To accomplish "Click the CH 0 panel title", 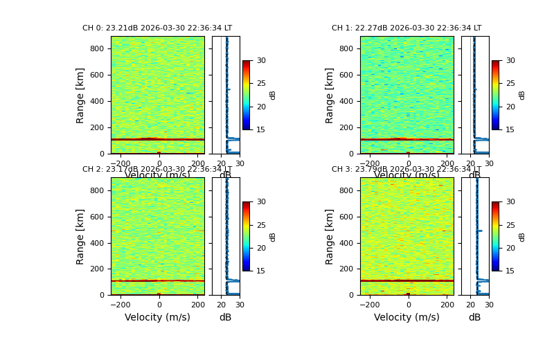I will (157, 28).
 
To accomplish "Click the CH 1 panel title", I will (406, 28).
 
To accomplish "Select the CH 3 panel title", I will (406, 170).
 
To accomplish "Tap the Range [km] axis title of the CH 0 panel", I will (80, 95).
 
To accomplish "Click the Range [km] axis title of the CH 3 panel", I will (330, 236).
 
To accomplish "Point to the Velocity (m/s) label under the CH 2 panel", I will (157, 318).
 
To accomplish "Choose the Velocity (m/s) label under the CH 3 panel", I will (406, 318).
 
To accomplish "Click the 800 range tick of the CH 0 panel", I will (97, 49).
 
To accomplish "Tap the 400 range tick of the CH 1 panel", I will (346, 102).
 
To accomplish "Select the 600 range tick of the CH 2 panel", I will (97, 217).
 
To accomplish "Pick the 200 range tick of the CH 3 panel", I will (346, 269).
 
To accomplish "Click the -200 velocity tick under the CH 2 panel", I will (120, 305).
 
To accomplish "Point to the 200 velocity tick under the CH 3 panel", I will (447, 305).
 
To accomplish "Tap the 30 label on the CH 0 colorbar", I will (261, 61).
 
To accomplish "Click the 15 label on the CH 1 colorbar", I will (510, 129).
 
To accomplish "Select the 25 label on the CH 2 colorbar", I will (261, 225).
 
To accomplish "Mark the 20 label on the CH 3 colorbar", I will (510, 248).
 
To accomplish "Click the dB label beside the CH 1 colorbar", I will (522, 95).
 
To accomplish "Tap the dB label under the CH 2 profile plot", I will (225, 318).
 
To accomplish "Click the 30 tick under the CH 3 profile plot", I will (489, 305).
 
